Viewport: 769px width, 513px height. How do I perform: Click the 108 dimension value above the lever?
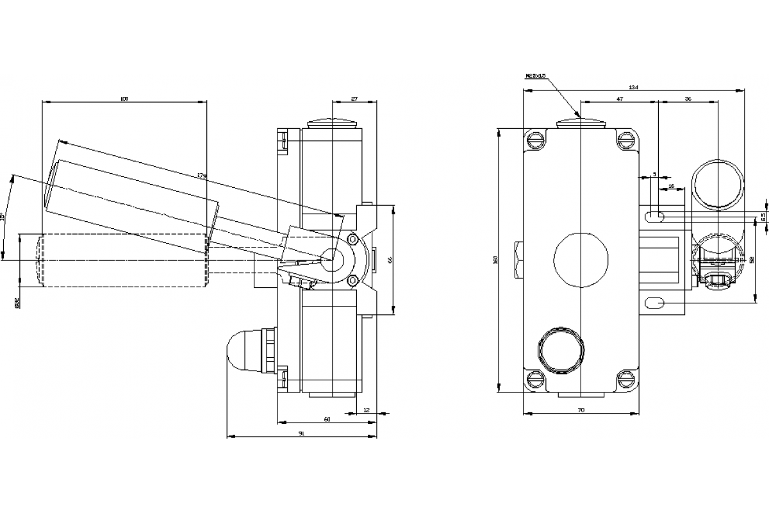click(124, 99)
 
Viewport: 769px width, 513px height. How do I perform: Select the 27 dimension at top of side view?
click(354, 99)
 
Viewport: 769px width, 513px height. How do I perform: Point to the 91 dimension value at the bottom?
click(301, 434)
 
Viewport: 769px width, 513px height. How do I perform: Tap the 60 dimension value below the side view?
click(327, 419)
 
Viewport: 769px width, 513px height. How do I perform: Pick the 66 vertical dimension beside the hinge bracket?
click(390, 260)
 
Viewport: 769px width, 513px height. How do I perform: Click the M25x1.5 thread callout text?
click(535, 76)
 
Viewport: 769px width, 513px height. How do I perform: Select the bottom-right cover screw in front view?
click(625, 379)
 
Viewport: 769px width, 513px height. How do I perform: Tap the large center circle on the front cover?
click(581, 260)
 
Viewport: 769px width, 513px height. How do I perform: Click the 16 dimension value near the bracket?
click(671, 186)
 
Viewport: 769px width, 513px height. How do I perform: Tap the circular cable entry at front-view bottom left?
click(561, 351)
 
